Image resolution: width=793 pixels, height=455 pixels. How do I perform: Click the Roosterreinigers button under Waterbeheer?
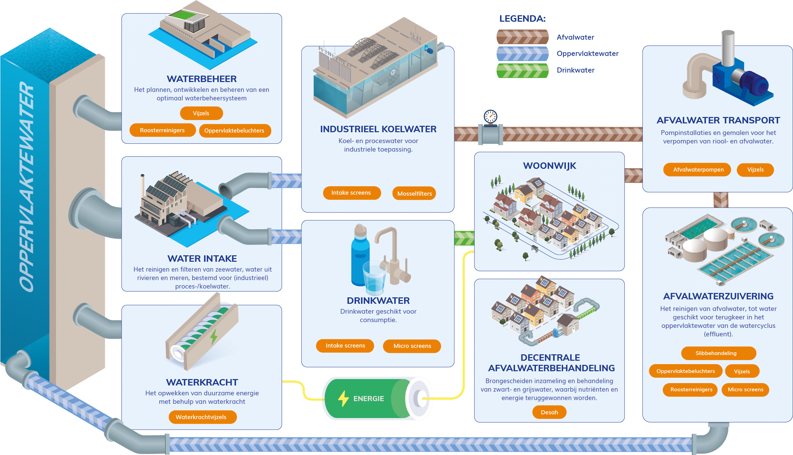[x=162, y=130]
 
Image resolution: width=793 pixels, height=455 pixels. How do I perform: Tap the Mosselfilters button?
[x=414, y=194]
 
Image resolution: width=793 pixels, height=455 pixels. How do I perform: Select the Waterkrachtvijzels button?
[x=202, y=417]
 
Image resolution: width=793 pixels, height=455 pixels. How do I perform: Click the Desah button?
[x=549, y=412]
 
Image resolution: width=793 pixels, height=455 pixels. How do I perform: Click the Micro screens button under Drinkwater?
[x=412, y=346]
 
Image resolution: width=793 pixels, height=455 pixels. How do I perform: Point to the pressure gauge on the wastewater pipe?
[x=490, y=117]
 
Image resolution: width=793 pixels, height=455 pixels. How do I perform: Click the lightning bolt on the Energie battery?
[x=343, y=398]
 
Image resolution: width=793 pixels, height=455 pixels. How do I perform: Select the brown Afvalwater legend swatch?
[x=522, y=37]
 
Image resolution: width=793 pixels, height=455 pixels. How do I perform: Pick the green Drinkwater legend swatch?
[x=522, y=71]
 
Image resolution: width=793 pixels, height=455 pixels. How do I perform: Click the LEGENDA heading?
[x=522, y=19]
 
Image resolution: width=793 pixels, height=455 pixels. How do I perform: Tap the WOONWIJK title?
[x=549, y=166]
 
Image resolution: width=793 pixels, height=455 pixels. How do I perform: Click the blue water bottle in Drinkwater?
[x=360, y=258]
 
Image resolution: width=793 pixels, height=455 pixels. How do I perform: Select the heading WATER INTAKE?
[x=202, y=258]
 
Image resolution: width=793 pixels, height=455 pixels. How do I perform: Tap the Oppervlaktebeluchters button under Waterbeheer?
[x=235, y=131]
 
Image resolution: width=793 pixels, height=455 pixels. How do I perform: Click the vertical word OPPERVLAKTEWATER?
[x=26, y=186]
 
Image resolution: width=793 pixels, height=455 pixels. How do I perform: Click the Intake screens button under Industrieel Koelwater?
[x=352, y=193]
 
